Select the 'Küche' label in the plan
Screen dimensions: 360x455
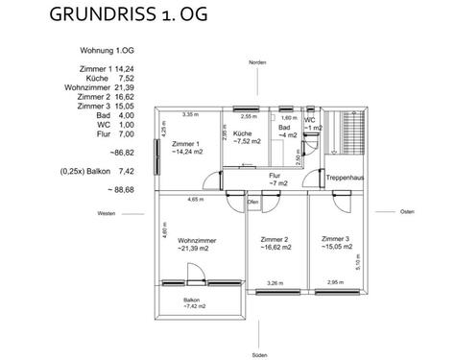[x=242, y=133]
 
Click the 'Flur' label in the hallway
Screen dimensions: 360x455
[x=275, y=177]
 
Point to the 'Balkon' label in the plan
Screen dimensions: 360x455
[x=193, y=300]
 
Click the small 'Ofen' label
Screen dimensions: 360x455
[x=253, y=203]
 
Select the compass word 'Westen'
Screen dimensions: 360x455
[x=107, y=213]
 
